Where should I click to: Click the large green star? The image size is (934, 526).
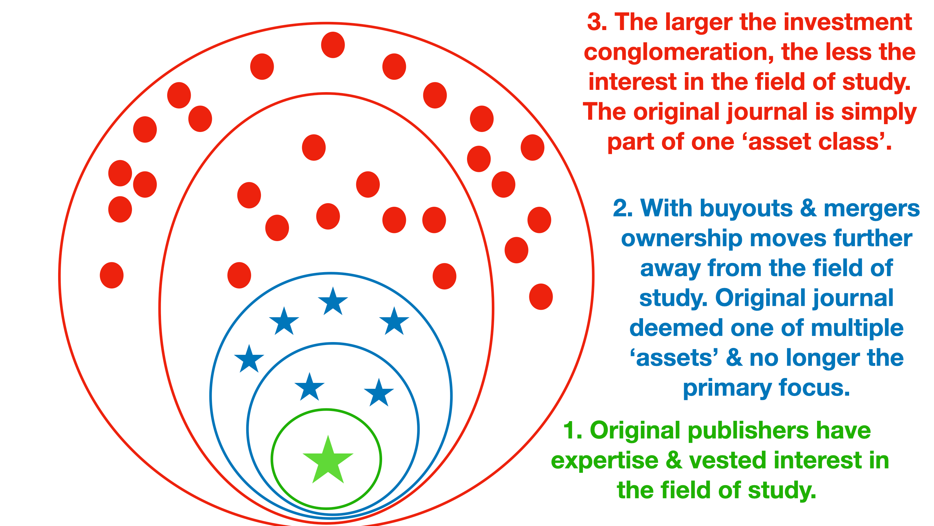click(328, 461)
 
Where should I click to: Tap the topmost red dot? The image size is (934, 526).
click(333, 45)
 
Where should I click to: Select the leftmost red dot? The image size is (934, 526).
click(112, 275)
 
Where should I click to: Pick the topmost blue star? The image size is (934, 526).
click(333, 302)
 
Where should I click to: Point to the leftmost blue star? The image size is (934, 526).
click(249, 359)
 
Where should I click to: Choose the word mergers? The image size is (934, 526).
click(872, 209)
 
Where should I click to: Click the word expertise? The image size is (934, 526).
click(604, 461)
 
